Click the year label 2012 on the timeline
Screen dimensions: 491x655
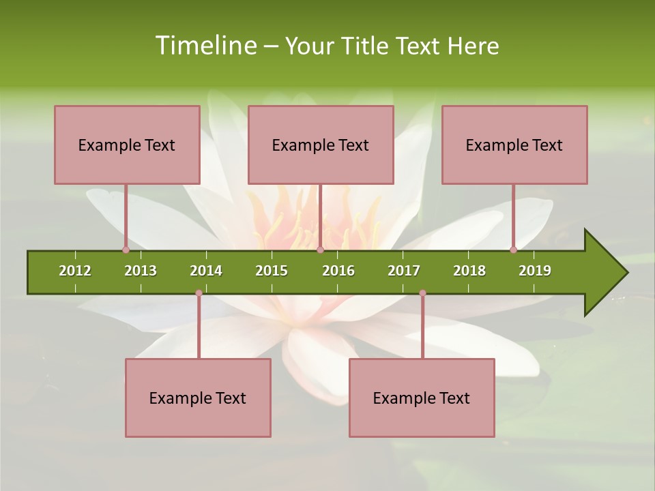75,271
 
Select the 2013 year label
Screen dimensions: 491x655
141,271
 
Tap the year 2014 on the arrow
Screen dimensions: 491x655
206,271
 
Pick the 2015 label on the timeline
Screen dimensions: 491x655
272,271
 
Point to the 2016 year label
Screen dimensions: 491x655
338,271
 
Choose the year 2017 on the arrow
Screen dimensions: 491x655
404,271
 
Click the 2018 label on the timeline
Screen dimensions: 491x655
469,271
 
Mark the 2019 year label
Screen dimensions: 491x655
535,271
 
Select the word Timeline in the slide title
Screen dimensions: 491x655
204,46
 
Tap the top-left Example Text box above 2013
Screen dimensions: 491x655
127,145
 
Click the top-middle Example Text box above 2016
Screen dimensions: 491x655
321,145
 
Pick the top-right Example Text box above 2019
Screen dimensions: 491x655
514,145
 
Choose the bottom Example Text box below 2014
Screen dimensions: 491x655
198,398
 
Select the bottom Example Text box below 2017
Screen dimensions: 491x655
422,398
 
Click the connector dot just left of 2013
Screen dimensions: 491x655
126,250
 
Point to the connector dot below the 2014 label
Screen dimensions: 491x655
199,293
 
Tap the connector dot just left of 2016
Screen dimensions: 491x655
320,250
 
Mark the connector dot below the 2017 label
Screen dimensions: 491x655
422,293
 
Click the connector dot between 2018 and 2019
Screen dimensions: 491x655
513,250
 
